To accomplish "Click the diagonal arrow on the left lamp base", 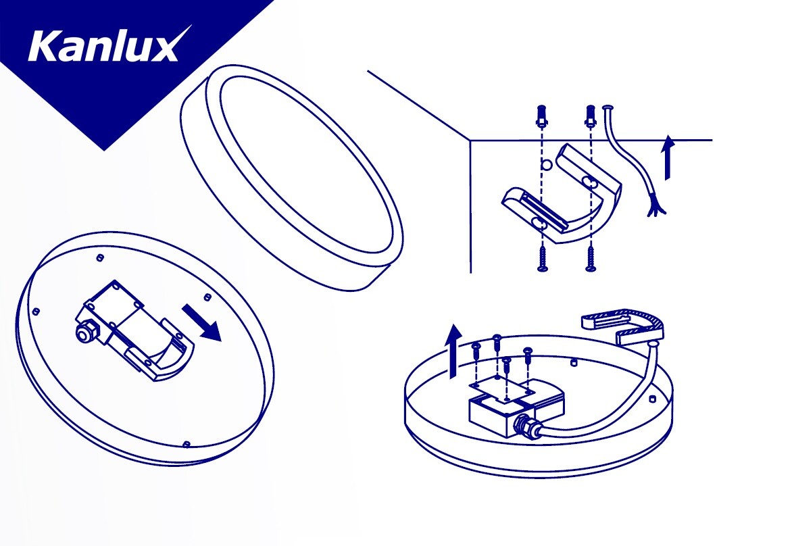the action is (201, 322).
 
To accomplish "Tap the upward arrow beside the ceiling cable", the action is (669, 157).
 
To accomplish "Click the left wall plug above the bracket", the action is (541, 116).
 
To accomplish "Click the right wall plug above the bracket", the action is (589, 116).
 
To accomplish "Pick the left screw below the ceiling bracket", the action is (542, 259).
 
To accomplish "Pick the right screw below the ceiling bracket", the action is (590, 259).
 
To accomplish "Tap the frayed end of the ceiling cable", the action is (657, 208).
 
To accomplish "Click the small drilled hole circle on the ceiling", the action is (545, 165).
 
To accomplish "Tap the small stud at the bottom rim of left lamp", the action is (186, 444).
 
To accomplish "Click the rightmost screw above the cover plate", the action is (528, 355).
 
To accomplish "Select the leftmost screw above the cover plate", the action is (476, 352).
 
